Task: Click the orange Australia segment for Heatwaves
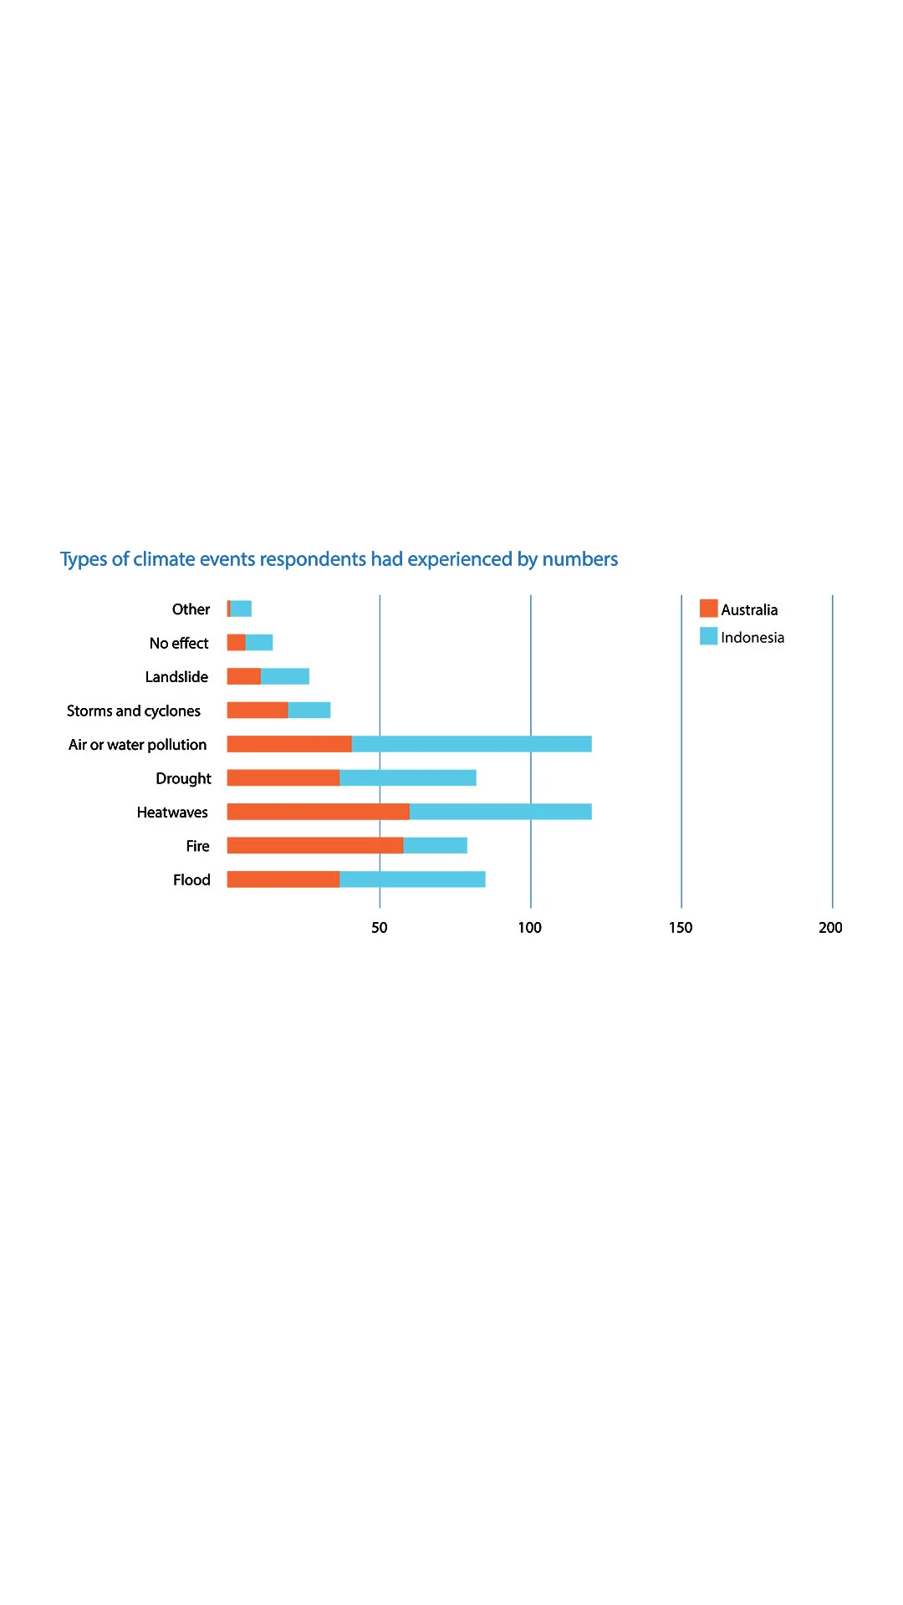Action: coord(318,812)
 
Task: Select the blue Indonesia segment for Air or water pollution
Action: coord(472,744)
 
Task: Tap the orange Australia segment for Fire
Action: coord(314,845)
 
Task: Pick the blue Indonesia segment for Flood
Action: coord(412,879)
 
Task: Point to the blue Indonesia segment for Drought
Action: coord(408,778)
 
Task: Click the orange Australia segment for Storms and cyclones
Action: coord(258,711)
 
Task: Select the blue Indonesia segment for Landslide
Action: coord(285,676)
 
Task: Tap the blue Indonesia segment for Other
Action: coord(241,609)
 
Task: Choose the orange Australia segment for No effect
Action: coord(236,643)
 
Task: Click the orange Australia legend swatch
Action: coord(708,609)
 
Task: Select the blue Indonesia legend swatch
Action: coord(708,636)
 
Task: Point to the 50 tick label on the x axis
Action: coord(380,927)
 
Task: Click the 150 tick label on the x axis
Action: coord(681,927)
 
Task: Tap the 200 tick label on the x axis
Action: coord(830,927)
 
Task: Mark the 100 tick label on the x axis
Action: coord(530,927)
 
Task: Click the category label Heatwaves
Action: coord(172,813)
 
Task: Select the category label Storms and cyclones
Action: coord(134,711)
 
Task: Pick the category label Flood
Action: coord(191,880)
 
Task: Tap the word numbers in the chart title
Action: coord(580,559)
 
